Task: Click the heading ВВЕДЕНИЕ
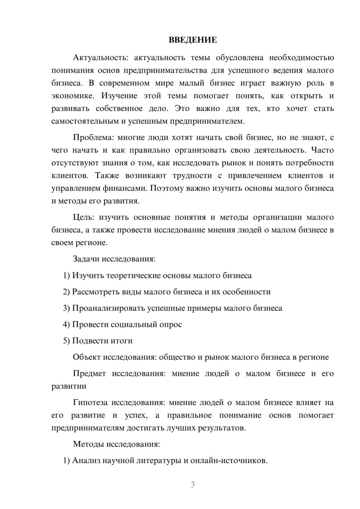193,40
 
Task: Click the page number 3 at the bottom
193,485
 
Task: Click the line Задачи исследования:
114,259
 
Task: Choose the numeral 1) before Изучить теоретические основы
67,275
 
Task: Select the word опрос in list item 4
170,324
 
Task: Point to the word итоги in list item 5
123,341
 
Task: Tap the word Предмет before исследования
89,373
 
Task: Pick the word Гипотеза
91,402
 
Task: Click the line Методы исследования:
116,444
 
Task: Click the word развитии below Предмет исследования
69,386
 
